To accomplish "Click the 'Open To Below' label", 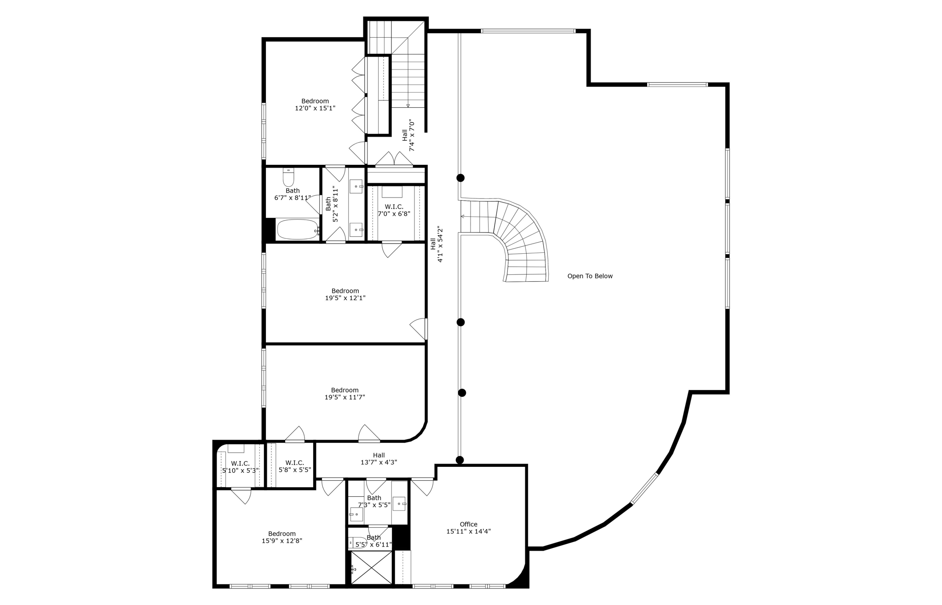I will coord(590,276).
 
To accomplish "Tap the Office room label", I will coord(468,524).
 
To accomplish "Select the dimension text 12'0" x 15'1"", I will coord(315,109).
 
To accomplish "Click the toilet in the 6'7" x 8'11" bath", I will coord(288,177).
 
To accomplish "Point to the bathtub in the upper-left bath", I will coord(297,229).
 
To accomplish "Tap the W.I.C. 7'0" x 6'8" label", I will coord(394,210).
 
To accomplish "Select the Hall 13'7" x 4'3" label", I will coord(379,459).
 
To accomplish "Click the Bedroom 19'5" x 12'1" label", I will coord(345,294).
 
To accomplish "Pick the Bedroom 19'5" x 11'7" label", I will coord(345,394).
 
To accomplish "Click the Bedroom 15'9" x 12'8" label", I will coord(282,537).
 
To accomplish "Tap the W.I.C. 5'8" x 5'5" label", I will coord(294,466).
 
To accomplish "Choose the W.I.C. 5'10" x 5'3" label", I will coord(241,467).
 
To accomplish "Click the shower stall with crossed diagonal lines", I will coord(371,568).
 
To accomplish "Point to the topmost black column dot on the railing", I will coord(460,178).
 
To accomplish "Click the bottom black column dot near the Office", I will coord(460,460).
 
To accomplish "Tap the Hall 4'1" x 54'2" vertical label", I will coord(437,244).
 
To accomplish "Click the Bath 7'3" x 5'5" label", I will coord(374,501).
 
